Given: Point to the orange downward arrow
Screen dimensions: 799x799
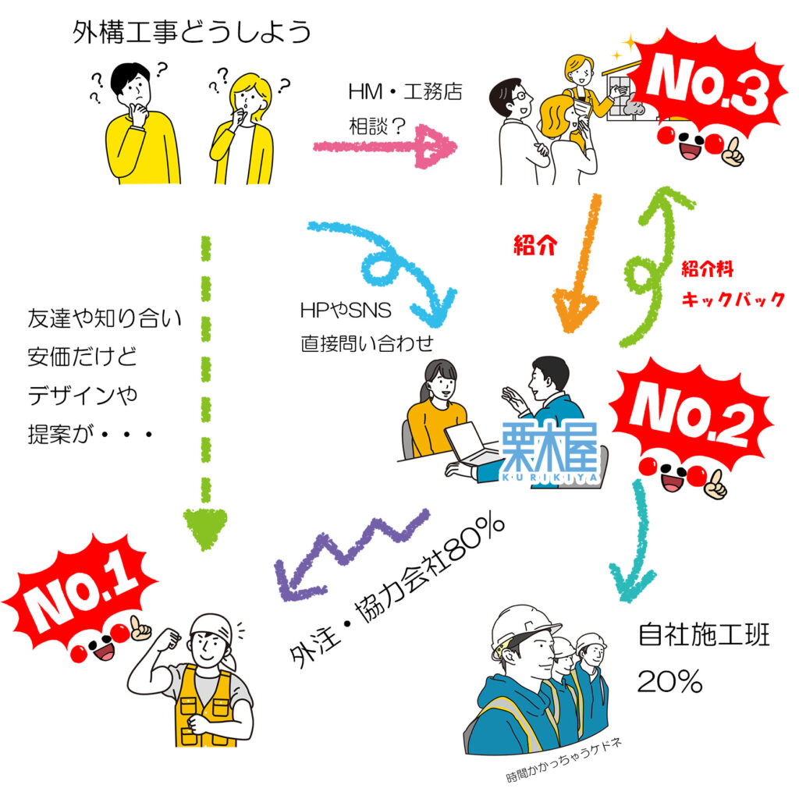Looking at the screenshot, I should (x=581, y=265).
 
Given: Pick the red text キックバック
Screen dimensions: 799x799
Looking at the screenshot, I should (x=733, y=300).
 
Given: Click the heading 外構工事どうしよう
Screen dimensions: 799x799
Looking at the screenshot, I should (x=192, y=33).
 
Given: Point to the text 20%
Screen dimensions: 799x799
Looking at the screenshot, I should (x=670, y=682).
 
